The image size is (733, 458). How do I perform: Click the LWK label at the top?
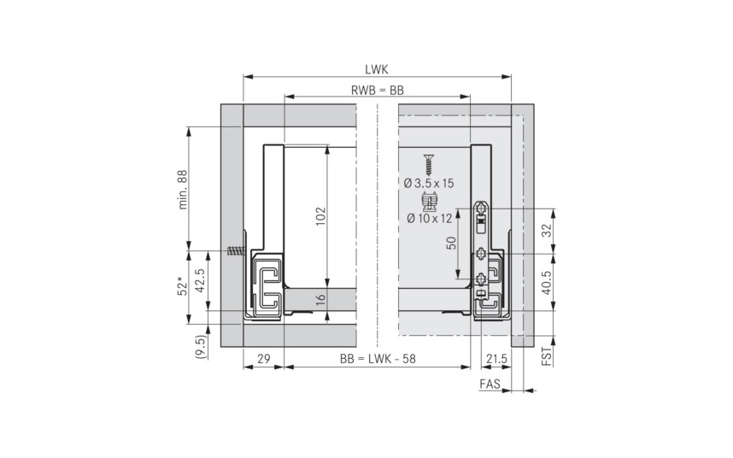376,69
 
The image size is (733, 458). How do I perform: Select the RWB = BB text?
378,91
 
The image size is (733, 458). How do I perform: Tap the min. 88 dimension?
182,190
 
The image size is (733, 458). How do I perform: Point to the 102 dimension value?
320,216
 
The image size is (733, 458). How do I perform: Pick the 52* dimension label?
182,286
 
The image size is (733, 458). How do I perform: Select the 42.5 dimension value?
200,280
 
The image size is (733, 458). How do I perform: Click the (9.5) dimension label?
200,347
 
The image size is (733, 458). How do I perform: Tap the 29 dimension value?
264,359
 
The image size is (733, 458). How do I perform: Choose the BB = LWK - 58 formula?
378,359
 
